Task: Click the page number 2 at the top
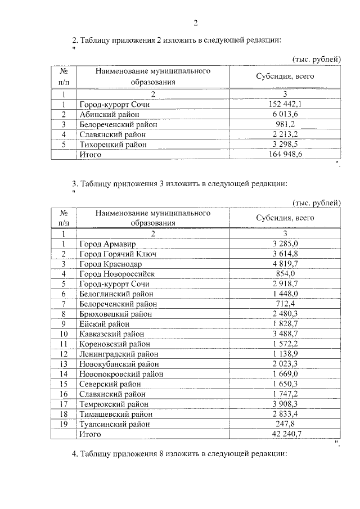click(x=196, y=23)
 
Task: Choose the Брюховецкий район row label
click(x=116, y=314)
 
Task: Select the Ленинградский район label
click(x=119, y=354)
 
